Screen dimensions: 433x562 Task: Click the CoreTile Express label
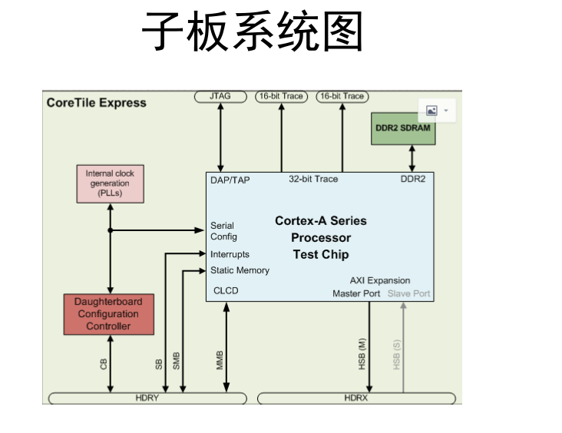coord(96,102)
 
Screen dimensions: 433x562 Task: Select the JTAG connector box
coord(220,97)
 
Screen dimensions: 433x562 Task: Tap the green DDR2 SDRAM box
coord(403,128)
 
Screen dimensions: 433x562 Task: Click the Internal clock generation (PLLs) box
coord(110,183)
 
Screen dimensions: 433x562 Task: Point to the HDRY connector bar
coord(147,398)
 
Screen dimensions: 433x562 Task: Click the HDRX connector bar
coord(355,398)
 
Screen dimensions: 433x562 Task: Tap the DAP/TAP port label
coord(230,180)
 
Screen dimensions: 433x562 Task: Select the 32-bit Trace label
coord(313,179)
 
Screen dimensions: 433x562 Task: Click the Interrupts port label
coord(230,254)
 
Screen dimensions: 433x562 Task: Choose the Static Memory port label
coord(240,270)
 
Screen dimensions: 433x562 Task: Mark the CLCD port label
coord(226,290)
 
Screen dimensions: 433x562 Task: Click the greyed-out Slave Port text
coord(408,294)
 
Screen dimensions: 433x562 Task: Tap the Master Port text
coord(356,294)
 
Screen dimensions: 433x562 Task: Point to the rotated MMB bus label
coord(220,361)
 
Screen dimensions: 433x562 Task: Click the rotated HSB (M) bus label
coord(362,355)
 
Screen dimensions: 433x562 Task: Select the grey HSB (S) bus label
coord(396,355)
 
